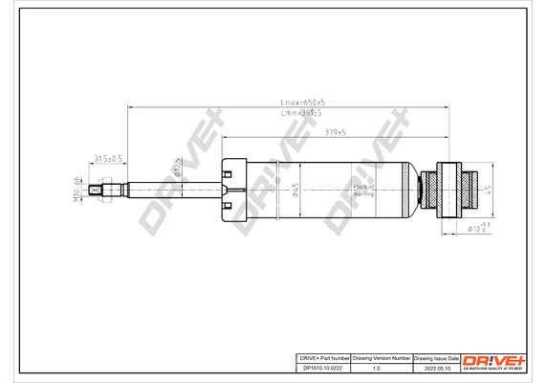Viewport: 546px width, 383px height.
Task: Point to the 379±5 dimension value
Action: pos(335,133)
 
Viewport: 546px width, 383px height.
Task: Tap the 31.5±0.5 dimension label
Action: pos(106,158)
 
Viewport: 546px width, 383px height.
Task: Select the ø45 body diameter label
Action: pos(296,191)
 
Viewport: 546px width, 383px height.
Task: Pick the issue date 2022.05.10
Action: pos(436,368)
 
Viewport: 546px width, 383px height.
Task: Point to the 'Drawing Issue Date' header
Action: pos(436,356)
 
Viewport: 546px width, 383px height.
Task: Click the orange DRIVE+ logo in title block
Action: pos(493,359)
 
